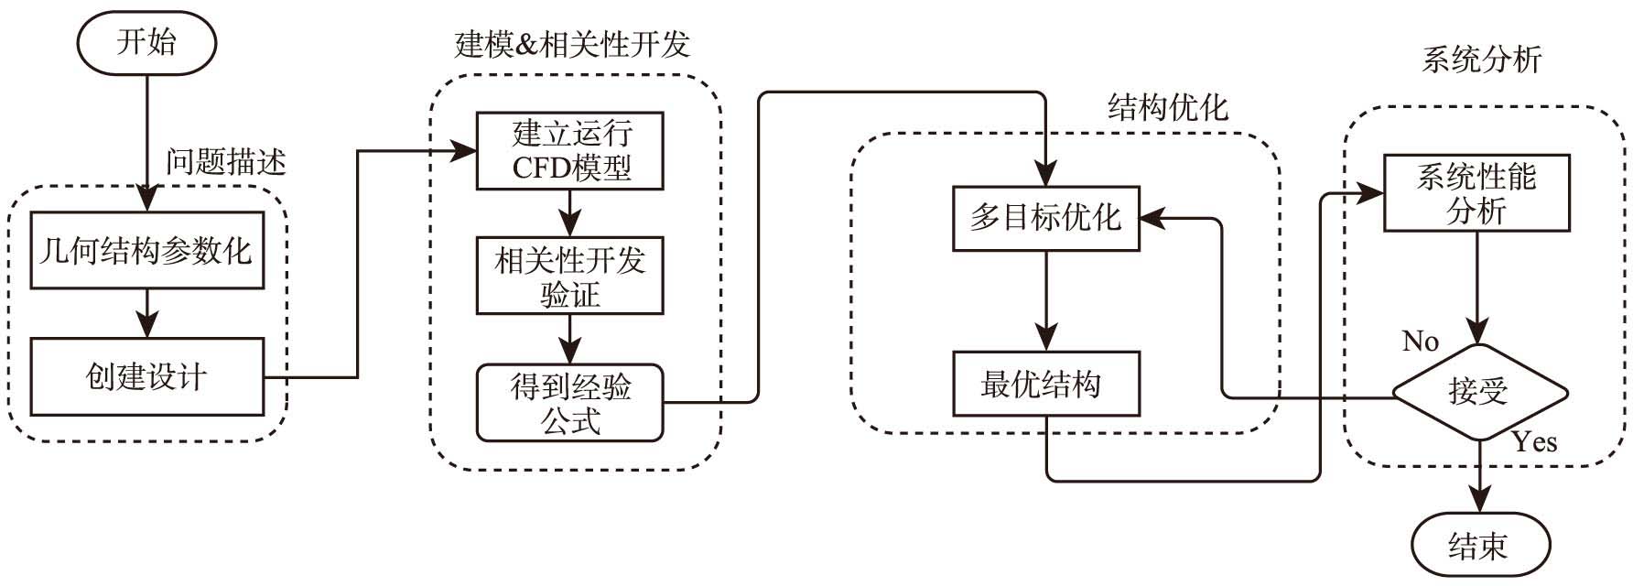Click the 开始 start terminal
pos(146,43)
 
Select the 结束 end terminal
pos(1479,546)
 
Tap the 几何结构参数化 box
pos(147,251)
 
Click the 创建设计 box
pos(147,376)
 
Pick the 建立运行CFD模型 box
pos(569,151)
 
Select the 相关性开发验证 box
pos(569,277)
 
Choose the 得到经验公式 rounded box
pos(569,403)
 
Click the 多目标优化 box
pos(1045,218)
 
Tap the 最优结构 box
pos(1045,384)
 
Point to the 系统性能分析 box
pos(1476,193)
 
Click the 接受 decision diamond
pos(1479,393)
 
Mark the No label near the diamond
pos(1421,342)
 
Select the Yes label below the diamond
pos(1534,442)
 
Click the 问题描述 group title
pos(225,162)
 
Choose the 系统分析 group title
pos(1481,60)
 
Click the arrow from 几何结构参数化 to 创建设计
pos(147,314)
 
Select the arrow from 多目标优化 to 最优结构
pos(1045,301)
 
